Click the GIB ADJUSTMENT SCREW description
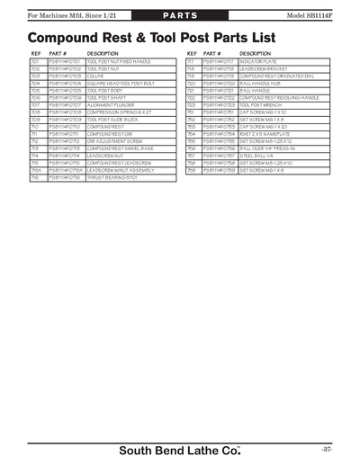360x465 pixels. point(111,141)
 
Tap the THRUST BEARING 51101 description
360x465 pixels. point(110,177)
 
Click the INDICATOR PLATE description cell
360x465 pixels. point(257,61)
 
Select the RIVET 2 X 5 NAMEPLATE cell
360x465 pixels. point(265,134)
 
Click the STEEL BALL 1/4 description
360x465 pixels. point(256,156)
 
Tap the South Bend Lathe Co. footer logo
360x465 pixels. point(180,448)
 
